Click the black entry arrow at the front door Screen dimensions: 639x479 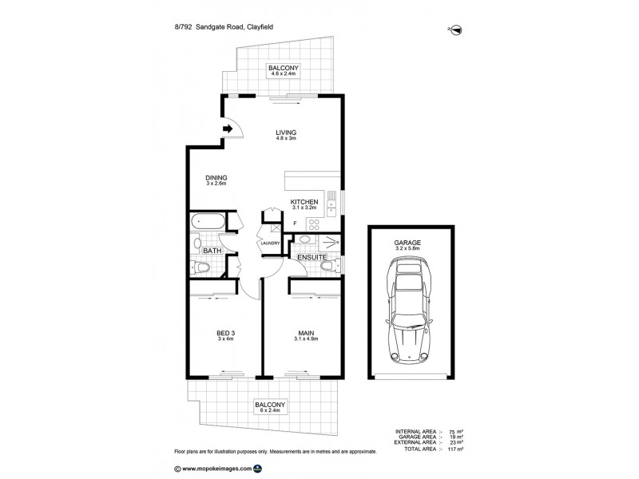pos(228,129)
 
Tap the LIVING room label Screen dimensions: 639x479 pos(286,133)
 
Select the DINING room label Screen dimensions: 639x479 pos(216,177)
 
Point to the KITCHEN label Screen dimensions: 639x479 pos(304,202)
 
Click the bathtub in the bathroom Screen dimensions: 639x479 pos(208,221)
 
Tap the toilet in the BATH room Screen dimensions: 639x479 pos(200,267)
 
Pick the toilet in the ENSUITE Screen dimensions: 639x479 pos(331,266)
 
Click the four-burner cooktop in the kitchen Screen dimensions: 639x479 pos(314,224)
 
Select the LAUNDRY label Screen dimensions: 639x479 pos(270,243)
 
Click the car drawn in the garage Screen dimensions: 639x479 pos(409,310)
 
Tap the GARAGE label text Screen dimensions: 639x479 pos(407,243)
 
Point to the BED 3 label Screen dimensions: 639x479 pos(225,333)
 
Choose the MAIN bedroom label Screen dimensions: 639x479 pos(306,333)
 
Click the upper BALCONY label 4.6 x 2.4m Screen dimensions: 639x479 pos(284,70)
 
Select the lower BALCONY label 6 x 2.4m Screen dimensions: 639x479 pos(270,407)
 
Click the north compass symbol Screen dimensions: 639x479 pos(456,30)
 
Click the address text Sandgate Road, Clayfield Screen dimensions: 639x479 pos(234,27)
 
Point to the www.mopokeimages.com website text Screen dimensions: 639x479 pos(216,469)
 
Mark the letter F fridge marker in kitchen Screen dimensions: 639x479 pos(295,224)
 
